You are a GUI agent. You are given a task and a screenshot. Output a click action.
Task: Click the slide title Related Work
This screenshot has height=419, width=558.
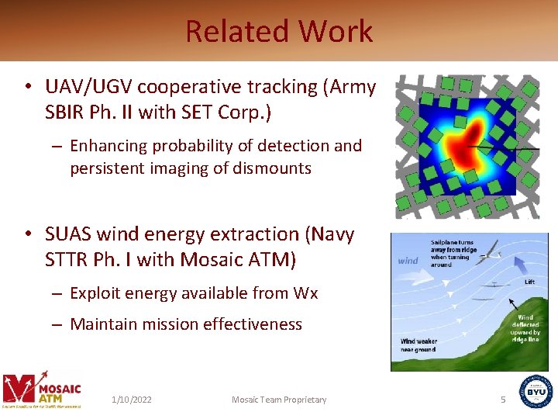279,32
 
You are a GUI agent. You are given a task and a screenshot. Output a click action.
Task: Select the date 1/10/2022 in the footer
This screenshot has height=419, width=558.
131,400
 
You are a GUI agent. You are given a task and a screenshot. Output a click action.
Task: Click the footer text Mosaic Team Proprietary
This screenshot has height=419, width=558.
279,400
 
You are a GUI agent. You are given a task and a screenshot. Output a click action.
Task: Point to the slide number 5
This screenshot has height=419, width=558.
502,400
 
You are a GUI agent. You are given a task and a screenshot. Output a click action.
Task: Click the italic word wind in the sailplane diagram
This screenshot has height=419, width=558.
408,261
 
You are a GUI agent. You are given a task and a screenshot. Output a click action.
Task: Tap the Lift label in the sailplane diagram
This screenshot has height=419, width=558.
529,282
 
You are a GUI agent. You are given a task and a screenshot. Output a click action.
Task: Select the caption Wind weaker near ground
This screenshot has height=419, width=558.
418,345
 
